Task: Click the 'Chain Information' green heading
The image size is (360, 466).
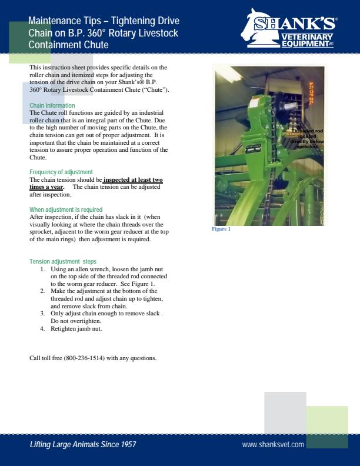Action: click(x=52, y=105)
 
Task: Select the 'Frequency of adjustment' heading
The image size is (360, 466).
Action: click(x=61, y=172)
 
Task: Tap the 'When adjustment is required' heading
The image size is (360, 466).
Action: click(x=66, y=209)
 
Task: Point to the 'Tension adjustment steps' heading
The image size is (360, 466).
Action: click(x=63, y=261)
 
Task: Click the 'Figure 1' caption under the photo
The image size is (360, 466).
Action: click(x=221, y=229)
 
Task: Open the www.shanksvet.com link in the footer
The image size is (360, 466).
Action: click(x=273, y=444)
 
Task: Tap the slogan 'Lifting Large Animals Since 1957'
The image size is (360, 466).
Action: click(x=83, y=444)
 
